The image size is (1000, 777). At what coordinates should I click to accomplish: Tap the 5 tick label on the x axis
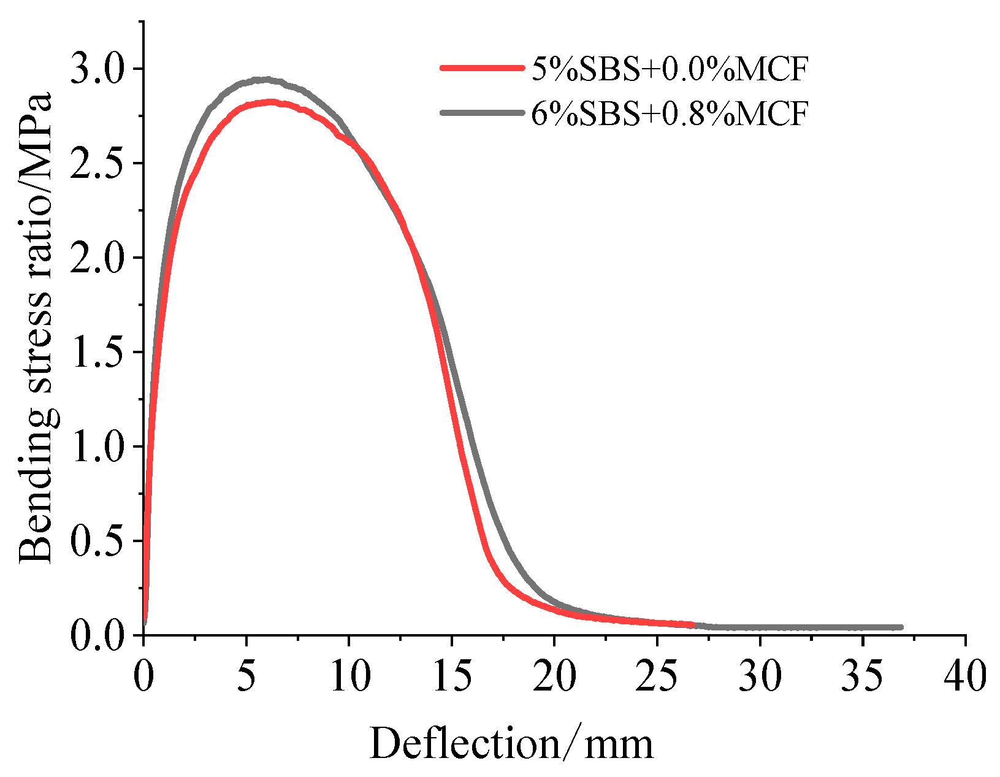246,676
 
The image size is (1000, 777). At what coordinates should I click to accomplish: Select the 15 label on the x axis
451,676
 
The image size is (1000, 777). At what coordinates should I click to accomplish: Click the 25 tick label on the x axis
657,676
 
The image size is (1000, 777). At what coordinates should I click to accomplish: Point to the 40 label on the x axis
965,676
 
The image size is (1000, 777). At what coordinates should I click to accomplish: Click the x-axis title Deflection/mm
511,744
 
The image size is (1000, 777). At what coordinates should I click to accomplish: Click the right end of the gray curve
900,627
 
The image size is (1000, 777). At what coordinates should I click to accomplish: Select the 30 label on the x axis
760,676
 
